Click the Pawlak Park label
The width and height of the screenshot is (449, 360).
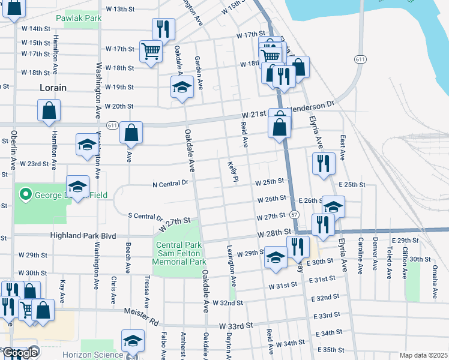coord(79,19)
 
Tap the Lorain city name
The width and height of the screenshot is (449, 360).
coord(53,88)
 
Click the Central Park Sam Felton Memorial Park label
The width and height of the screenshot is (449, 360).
coord(181,253)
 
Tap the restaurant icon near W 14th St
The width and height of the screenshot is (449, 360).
coord(163,28)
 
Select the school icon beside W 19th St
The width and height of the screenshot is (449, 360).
coord(182,87)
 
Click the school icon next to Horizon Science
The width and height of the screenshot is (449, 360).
coord(133,340)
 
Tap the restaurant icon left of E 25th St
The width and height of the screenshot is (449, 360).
coord(324,163)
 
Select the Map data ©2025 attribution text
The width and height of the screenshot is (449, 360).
coord(423,355)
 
